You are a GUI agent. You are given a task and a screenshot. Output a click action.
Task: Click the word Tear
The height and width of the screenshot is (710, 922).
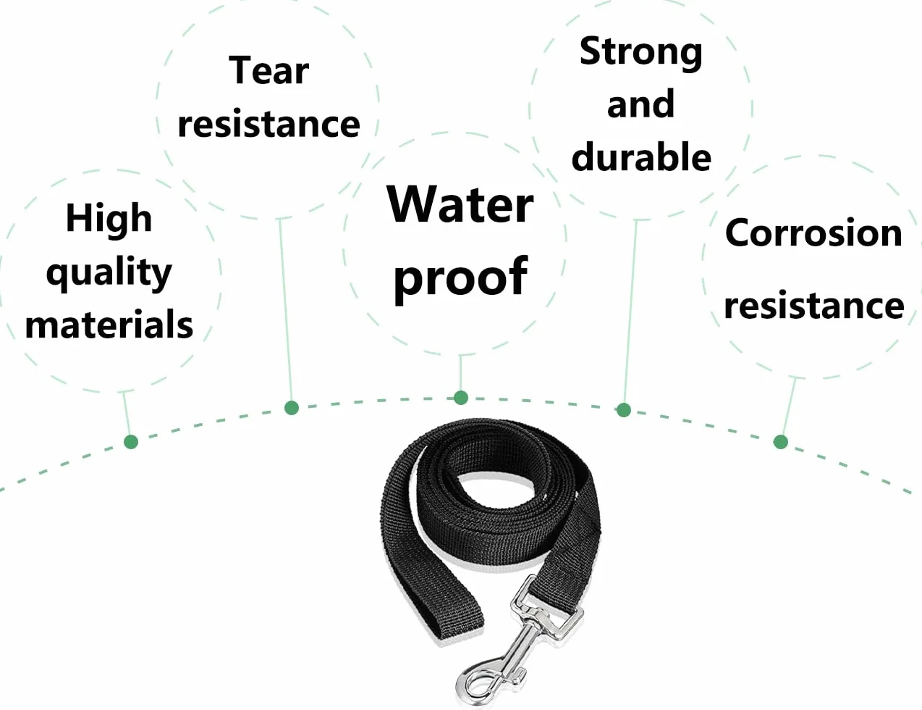click(268, 71)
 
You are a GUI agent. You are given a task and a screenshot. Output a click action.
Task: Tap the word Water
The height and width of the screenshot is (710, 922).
click(460, 205)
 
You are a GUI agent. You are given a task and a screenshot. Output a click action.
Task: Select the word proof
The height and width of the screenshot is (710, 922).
click(460, 278)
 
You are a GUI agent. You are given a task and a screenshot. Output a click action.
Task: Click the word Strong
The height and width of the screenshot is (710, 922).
click(640, 53)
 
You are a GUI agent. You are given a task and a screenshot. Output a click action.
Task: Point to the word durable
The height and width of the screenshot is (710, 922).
click(641, 156)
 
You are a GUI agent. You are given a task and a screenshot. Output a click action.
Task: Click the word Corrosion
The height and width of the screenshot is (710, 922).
click(813, 233)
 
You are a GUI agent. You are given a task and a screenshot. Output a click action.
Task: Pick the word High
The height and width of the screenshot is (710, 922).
click(109, 218)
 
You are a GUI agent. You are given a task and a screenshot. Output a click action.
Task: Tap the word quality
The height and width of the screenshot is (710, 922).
click(109, 273)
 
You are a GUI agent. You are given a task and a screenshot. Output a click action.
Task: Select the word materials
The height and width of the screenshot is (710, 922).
click(109, 325)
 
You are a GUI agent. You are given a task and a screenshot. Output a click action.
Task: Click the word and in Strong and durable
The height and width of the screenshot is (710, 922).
click(640, 104)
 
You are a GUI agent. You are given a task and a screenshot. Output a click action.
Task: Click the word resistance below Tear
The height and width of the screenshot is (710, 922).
click(268, 125)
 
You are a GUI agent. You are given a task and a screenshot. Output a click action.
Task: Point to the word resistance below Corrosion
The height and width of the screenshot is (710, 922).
click(813, 305)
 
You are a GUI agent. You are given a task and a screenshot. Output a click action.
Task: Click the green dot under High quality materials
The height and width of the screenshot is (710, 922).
click(131, 442)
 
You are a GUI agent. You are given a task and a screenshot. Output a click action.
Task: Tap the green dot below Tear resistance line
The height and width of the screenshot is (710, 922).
click(292, 408)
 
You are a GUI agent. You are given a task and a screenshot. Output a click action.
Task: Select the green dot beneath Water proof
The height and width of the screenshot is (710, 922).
click(461, 398)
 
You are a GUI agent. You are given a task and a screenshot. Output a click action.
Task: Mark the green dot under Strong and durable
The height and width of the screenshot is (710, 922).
click(623, 410)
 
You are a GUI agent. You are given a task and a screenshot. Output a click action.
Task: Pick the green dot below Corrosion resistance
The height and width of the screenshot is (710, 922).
click(781, 442)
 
